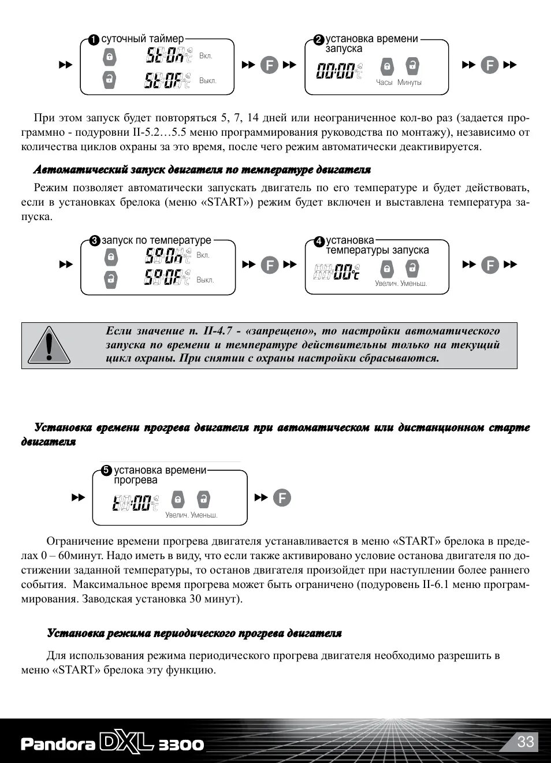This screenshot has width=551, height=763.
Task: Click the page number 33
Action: pyautogui.click(x=526, y=742)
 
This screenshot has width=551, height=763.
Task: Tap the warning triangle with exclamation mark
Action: pyautogui.click(x=49, y=345)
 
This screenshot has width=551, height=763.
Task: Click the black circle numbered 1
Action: pyautogui.click(x=94, y=40)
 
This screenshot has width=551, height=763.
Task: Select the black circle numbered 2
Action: pyautogui.click(x=319, y=40)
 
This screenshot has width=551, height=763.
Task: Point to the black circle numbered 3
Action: pyautogui.click(x=95, y=241)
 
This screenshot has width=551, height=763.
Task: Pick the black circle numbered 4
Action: pyautogui.click(x=319, y=241)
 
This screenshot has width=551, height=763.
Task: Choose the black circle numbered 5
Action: pyautogui.click(x=106, y=470)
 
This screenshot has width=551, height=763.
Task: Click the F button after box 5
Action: pyautogui.click(x=282, y=497)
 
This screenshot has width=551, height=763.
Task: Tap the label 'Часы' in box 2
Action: pyautogui.click(x=384, y=83)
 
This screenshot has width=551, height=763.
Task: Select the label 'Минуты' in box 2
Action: pyautogui.click(x=409, y=83)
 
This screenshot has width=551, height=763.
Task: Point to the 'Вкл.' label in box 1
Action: pyautogui.click(x=206, y=56)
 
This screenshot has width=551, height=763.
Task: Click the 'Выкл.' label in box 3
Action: pyautogui.click(x=205, y=280)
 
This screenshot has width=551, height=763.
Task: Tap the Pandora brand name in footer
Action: pyautogui.click(x=58, y=744)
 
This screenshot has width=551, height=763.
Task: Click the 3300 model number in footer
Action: pyautogui.click(x=181, y=745)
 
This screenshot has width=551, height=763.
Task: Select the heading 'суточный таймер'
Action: pyautogui.click(x=143, y=39)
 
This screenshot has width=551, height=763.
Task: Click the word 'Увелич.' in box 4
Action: pyautogui.click(x=386, y=284)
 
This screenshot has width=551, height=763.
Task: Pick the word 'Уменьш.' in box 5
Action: pyautogui.click(x=204, y=515)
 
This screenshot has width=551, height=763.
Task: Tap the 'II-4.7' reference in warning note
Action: pyautogui.click(x=218, y=331)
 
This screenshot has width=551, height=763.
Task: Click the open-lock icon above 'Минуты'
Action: pyautogui.click(x=412, y=66)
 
